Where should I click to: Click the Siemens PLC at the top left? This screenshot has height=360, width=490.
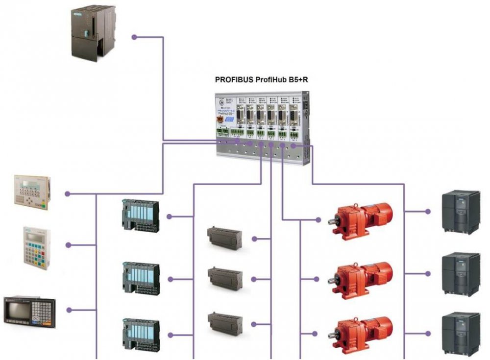tap(94, 32)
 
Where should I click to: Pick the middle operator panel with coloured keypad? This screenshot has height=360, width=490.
tap(36, 247)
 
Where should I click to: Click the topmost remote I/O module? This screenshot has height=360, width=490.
tap(141, 216)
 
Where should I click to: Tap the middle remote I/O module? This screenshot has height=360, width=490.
tap(141, 279)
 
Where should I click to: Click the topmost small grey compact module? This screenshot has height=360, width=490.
tap(224, 238)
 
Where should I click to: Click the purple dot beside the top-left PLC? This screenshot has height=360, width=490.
tap(134, 37)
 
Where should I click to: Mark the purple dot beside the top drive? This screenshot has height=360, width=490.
tap(428, 212)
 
